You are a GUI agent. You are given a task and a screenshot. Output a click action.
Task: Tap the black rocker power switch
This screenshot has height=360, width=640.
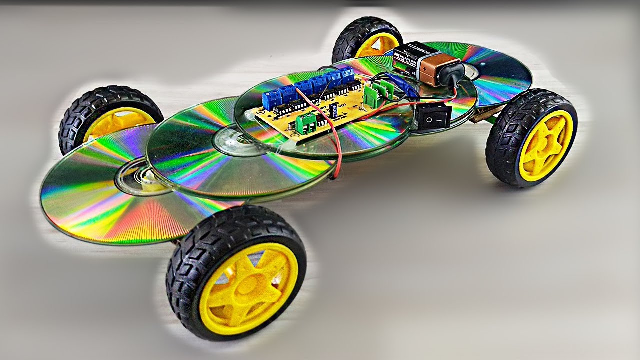[x=433, y=116]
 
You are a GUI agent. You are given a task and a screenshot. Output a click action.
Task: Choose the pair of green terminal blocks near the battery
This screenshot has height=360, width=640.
[x=378, y=92]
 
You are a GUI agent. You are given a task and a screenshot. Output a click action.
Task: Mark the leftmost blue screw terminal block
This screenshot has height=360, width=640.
[x=271, y=98]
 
